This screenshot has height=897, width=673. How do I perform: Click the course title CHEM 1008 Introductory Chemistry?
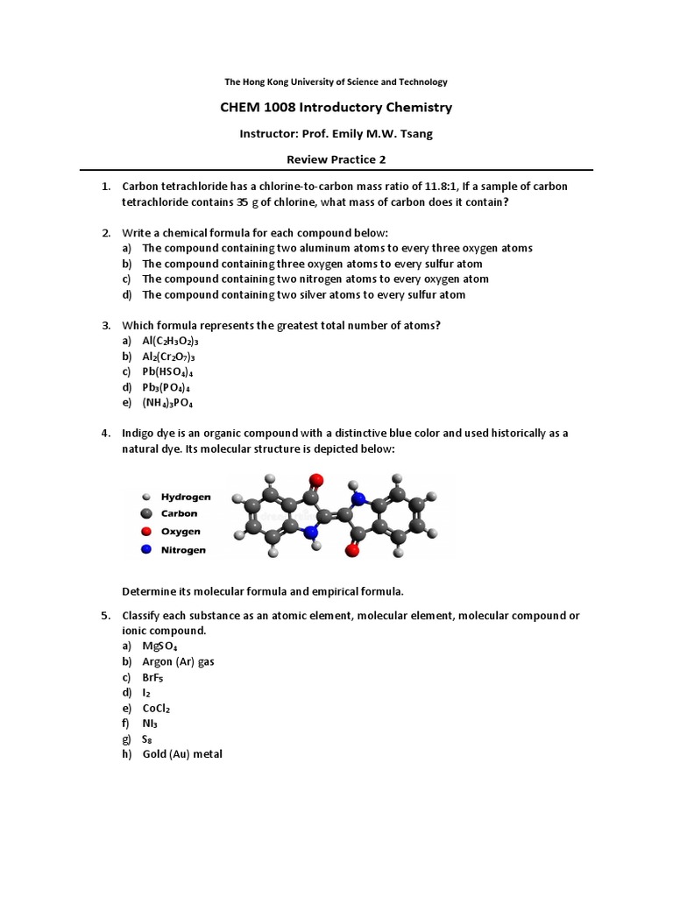336,108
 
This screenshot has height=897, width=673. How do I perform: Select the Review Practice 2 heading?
336,159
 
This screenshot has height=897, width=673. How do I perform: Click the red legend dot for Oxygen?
146,532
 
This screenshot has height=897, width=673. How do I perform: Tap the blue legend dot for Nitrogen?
146,549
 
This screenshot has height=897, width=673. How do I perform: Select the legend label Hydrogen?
186,496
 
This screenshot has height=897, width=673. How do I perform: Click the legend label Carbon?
179,513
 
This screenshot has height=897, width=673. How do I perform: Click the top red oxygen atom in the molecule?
316,480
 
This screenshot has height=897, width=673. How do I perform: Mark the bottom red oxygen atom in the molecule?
352,550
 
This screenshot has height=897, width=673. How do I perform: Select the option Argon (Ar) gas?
179,662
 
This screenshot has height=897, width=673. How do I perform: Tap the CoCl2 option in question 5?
159,708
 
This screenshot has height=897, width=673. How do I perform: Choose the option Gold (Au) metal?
182,753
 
